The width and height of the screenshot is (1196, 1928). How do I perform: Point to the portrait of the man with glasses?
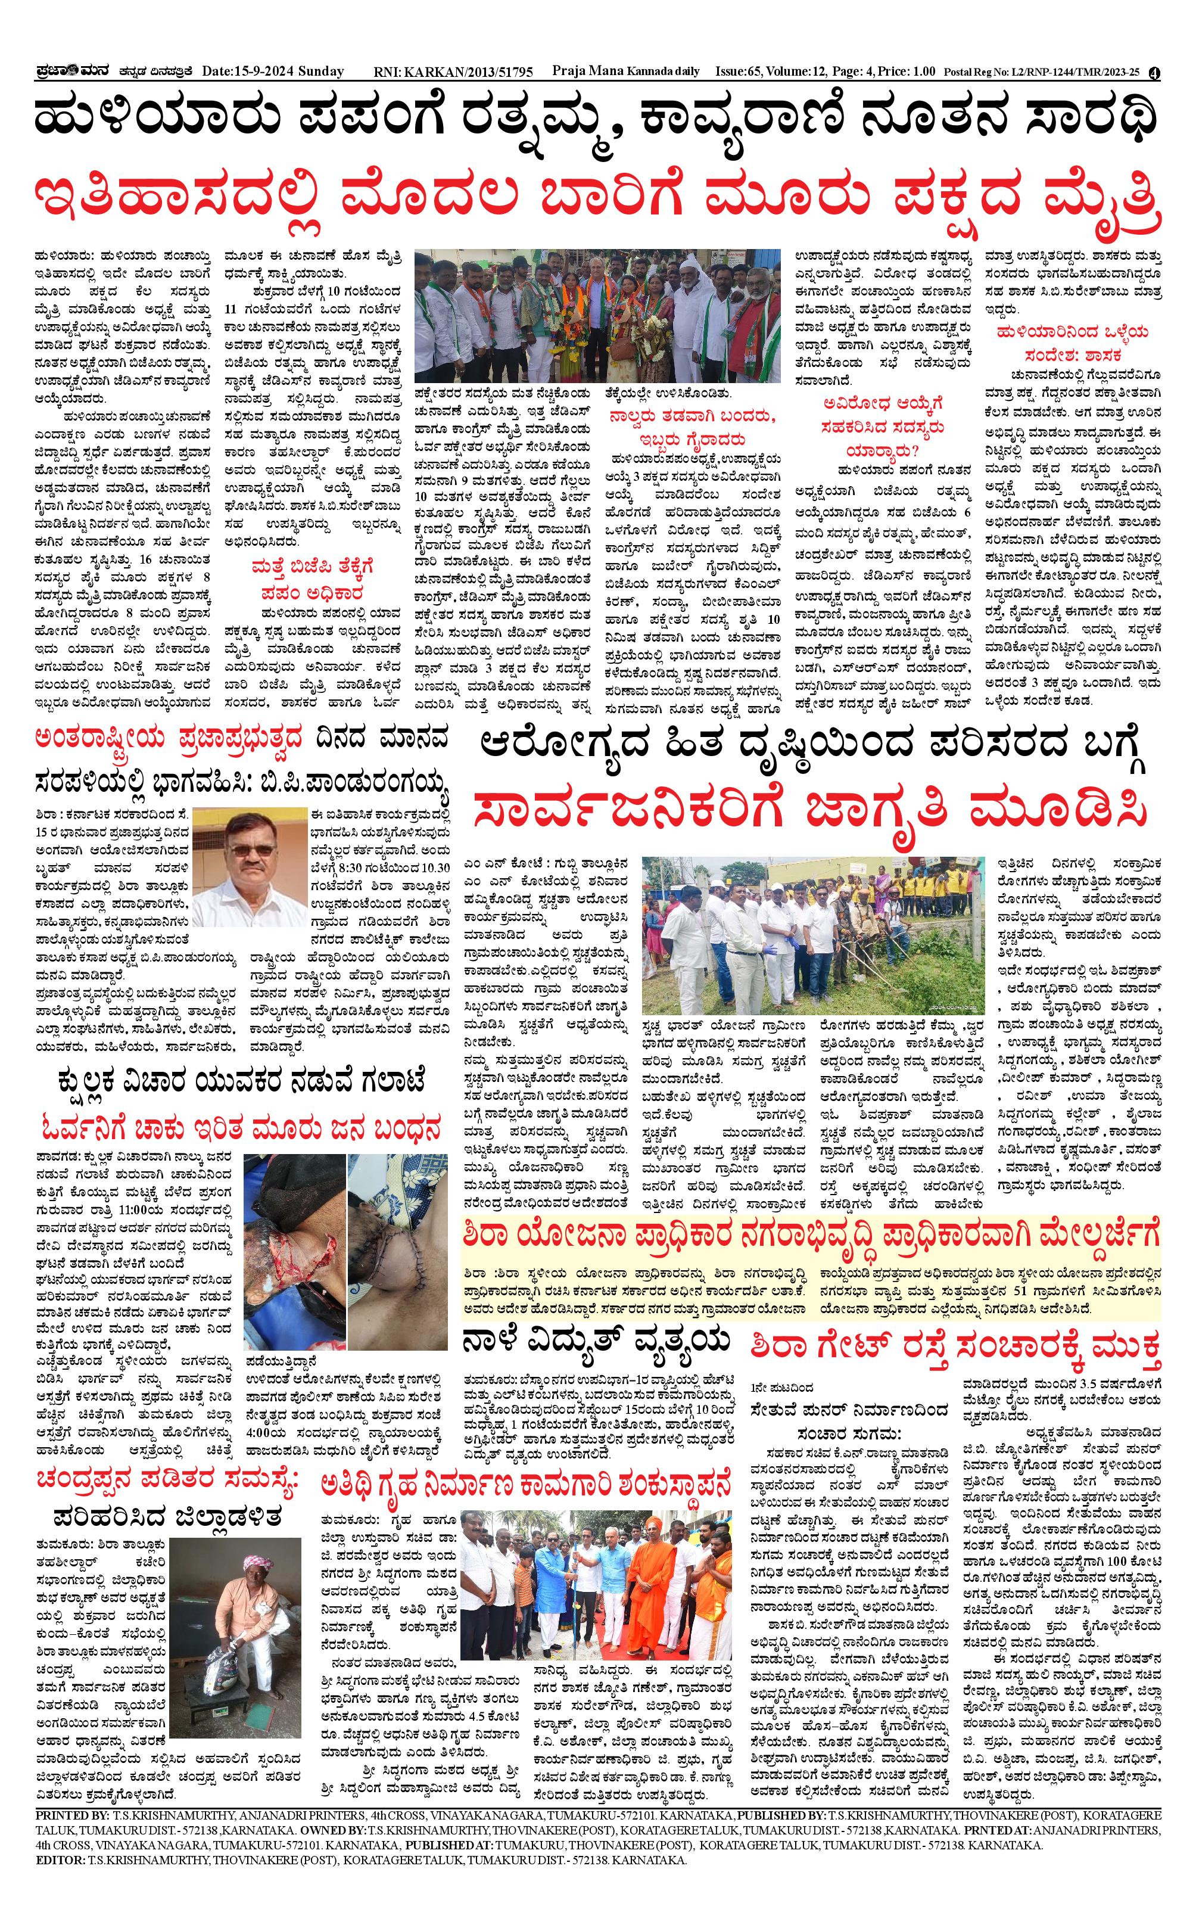pyautogui.click(x=248, y=866)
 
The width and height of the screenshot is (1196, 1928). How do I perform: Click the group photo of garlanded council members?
pyautogui.click(x=597, y=316)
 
